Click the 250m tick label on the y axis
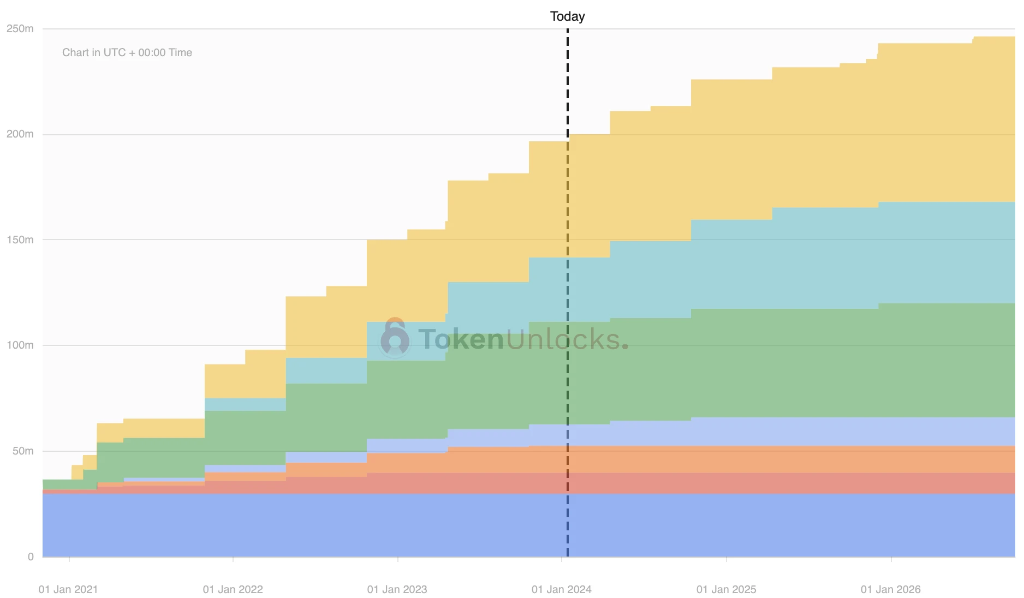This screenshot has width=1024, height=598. pos(20,28)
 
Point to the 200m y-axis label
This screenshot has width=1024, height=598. pos(20,134)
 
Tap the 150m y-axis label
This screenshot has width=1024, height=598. pos(20,240)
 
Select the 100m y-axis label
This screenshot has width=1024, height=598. pos(20,345)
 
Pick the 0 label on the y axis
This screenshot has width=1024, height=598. pos(31,557)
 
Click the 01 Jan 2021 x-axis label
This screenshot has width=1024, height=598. pos(68,589)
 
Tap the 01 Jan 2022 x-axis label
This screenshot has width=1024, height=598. pos(233,589)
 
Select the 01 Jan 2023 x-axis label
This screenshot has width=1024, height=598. pos(397,589)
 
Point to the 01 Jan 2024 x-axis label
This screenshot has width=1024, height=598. pos(562,589)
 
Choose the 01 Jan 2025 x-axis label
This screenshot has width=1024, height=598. pos(727,589)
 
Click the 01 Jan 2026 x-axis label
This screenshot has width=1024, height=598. pos(891,589)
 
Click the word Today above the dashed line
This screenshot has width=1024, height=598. pos(568,16)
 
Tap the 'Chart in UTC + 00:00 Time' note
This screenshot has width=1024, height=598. pos(127,52)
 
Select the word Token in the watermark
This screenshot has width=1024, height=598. pos(461,339)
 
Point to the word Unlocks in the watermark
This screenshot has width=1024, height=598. pos(562,339)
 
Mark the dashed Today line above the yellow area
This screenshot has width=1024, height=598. pos(568,82)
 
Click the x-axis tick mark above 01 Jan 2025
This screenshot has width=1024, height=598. pos(727,559)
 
